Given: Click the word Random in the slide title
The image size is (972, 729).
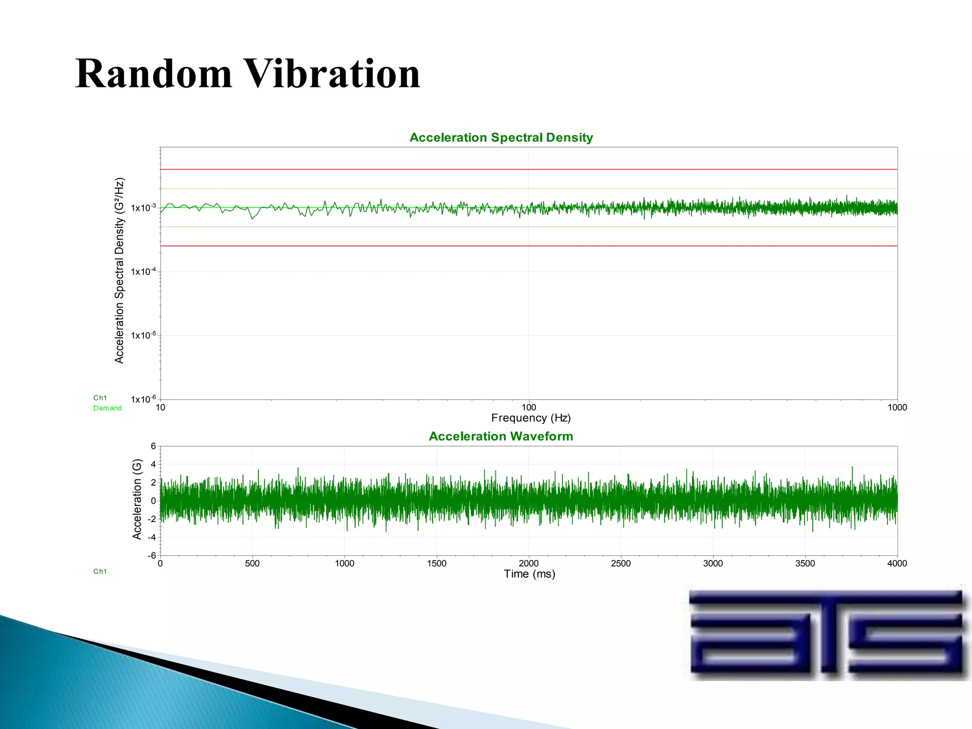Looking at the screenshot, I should click(x=154, y=74).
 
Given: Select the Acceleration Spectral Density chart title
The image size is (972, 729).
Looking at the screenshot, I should click(x=501, y=138).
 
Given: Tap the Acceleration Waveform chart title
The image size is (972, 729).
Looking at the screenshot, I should click(x=501, y=436).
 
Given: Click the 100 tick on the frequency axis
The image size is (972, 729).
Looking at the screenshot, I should click(x=529, y=407).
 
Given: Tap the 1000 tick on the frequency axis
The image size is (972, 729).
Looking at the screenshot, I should click(x=897, y=407).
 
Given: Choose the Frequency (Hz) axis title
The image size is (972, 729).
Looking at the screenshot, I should click(x=531, y=418).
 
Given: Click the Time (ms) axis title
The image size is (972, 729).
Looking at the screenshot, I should click(x=529, y=574).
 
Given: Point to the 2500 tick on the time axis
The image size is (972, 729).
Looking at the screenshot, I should click(x=621, y=563).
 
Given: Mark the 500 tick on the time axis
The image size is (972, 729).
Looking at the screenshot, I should click(x=252, y=563).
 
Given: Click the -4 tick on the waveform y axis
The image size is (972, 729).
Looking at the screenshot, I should click(x=152, y=537).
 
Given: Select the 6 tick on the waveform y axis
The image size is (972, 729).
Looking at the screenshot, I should click(x=153, y=446).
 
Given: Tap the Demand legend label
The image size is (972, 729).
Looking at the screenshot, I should click(x=107, y=408).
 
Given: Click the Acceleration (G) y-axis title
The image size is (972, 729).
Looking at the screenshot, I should click(x=137, y=499).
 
